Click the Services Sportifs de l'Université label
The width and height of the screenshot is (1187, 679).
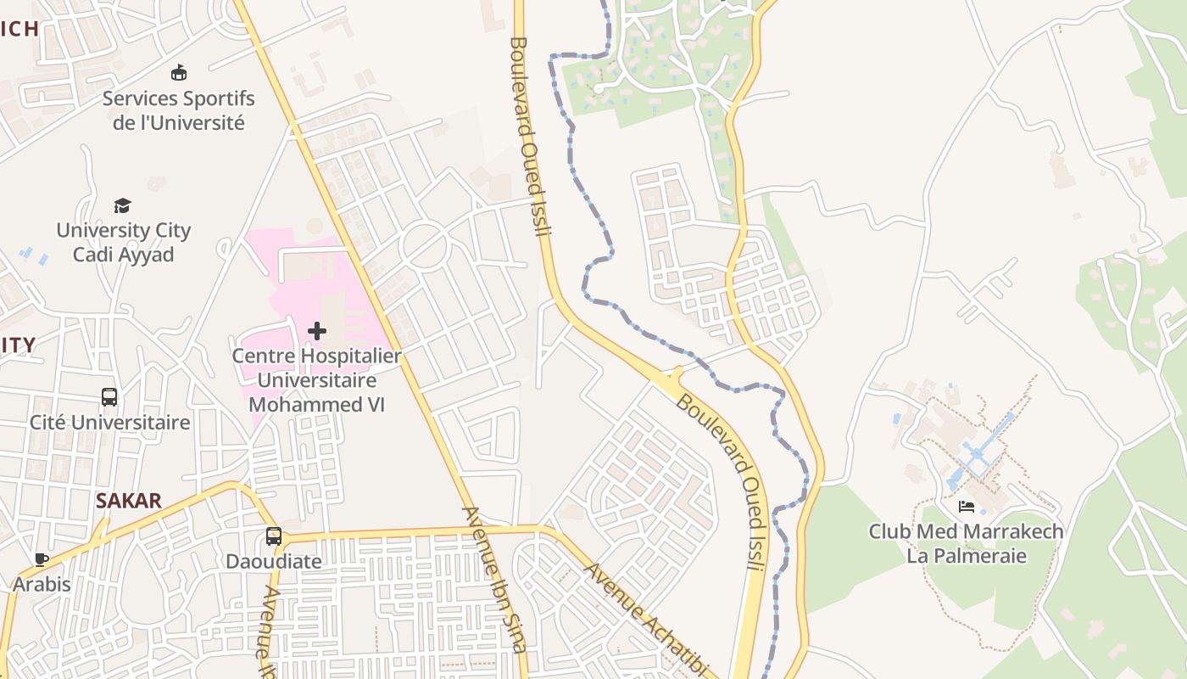pyautogui.click(x=179, y=110)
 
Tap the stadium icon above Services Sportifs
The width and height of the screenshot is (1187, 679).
pyautogui.click(x=179, y=72)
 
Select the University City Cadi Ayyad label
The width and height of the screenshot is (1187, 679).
pyautogui.click(x=124, y=242)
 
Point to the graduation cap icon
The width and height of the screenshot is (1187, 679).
pyautogui.click(x=123, y=205)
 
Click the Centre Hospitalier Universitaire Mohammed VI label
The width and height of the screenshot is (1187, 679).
pyautogui.click(x=316, y=379)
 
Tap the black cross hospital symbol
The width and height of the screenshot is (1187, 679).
pyautogui.click(x=317, y=330)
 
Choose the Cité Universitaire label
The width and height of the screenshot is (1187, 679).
pyautogui.click(x=110, y=422)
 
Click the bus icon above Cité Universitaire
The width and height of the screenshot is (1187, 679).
pyautogui.click(x=109, y=396)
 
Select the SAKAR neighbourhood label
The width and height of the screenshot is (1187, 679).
pyautogui.click(x=129, y=501)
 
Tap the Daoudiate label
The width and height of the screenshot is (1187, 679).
pyautogui.click(x=274, y=561)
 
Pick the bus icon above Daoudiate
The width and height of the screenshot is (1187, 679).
pyautogui.click(x=273, y=536)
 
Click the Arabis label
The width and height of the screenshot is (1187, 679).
pyautogui.click(x=42, y=584)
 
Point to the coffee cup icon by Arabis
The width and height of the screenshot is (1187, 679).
pyautogui.click(x=41, y=559)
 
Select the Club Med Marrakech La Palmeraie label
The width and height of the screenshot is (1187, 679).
pyautogui.click(x=966, y=544)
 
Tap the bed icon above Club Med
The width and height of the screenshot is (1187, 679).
pyautogui.click(x=966, y=507)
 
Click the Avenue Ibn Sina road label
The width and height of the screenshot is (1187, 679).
pyautogui.click(x=494, y=579)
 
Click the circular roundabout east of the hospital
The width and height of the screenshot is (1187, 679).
pyautogui.click(x=424, y=245)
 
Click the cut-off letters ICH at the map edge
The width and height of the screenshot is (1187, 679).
pyautogui.click(x=19, y=29)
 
